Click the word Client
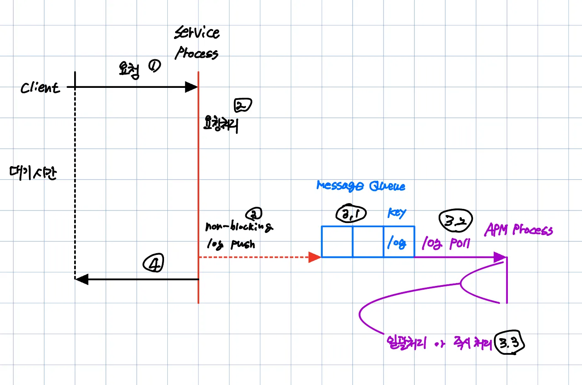40,87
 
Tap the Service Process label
197,43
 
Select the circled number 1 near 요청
155,66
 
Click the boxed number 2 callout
242,105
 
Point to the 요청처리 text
221,123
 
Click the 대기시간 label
33,172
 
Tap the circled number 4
153,264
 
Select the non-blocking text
239,226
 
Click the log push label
231,244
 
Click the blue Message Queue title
361,186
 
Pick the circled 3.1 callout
351,213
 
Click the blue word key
396,213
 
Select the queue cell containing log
398,242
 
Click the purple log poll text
446,243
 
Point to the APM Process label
519,230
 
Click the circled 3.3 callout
510,343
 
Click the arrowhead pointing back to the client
82,279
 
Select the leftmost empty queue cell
337,242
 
